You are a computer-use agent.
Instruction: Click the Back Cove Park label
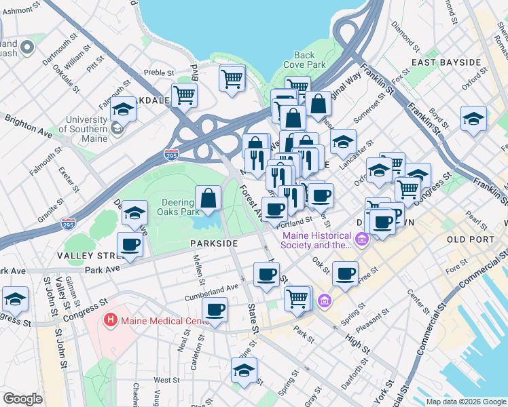[x=314, y=60]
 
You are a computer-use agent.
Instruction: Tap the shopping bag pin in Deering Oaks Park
[x=208, y=199]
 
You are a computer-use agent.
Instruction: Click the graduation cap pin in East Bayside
[x=473, y=119]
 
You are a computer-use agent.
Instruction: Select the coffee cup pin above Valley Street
[x=130, y=245]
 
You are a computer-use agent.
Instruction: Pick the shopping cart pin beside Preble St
[x=184, y=96]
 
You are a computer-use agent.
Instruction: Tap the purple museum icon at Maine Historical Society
[x=360, y=239]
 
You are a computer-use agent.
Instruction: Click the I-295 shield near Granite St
[x=68, y=222]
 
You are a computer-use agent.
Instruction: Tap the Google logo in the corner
[x=22, y=398]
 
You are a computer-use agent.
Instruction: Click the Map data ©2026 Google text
[x=465, y=402]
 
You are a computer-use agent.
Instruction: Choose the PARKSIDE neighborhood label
[x=214, y=243]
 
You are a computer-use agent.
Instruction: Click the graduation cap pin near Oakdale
[x=123, y=109]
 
